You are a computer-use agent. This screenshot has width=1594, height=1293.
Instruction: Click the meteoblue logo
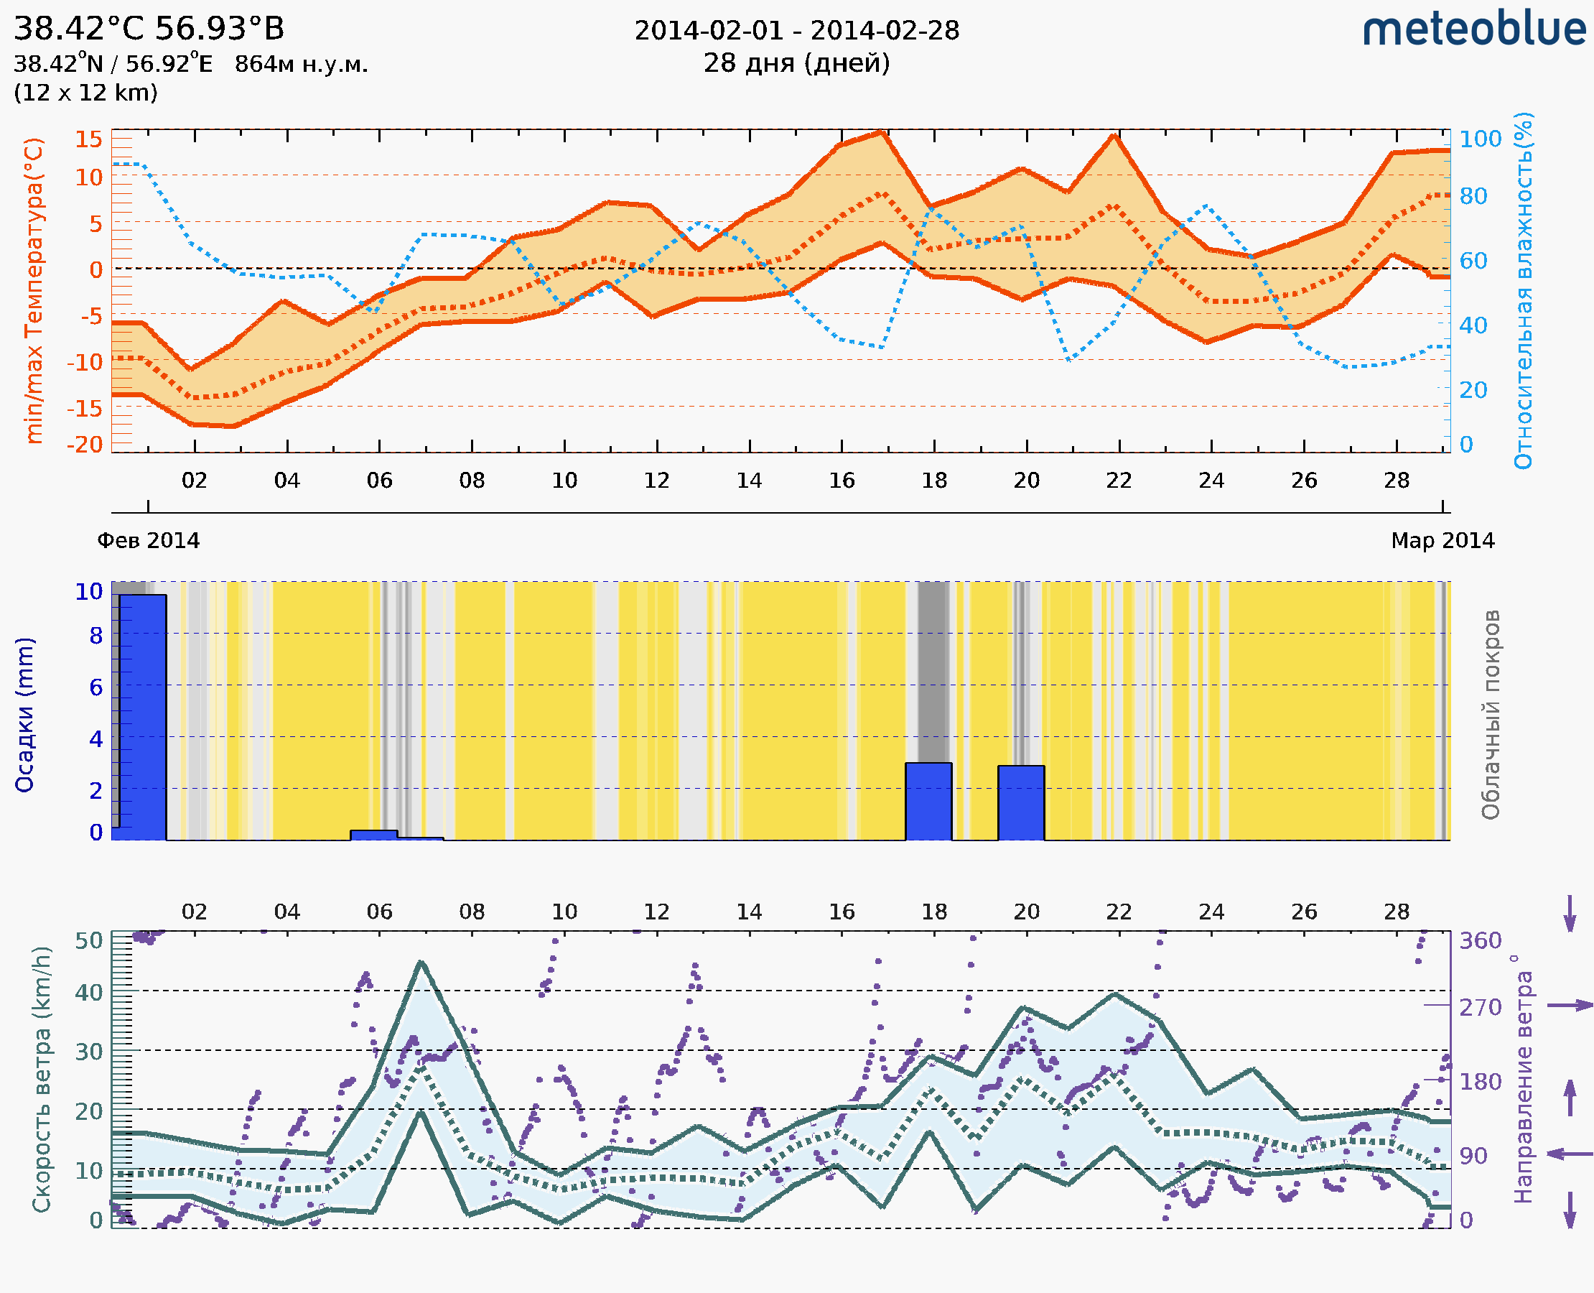click(x=1473, y=29)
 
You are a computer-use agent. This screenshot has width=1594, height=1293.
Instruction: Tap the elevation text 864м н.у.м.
click(x=301, y=64)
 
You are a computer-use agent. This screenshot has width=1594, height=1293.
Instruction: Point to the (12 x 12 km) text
click(x=85, y=93)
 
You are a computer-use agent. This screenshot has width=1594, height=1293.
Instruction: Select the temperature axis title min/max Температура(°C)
click(x=34, y=290)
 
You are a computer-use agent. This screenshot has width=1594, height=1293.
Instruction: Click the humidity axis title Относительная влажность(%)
click(x=1523, y=290)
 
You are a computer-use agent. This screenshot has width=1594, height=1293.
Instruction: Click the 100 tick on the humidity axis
click(x=1480, y=139)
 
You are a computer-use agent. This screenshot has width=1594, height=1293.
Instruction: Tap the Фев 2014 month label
click(x=148, y=541)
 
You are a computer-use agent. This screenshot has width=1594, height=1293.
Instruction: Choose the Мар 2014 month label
click(x=1442, y=541)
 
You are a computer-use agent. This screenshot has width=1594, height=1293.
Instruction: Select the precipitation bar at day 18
click(x=928, y=802)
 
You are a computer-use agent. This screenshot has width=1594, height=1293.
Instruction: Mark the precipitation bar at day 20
click(x=1021, y=803)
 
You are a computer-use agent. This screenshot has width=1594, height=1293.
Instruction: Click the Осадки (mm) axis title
click(x=24, y=715)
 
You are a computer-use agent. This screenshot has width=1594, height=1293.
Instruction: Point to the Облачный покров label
click(x=1491, y=715)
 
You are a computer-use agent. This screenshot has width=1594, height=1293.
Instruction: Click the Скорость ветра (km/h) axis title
click(x=42, y=1079)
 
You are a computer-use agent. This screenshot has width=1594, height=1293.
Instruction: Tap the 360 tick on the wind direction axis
click(x=1480, y=941)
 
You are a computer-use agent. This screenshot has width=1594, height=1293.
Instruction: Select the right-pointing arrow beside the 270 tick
click(x=1570, y=1006)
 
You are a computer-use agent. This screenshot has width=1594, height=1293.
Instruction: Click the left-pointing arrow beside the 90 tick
click(x=1570, y=1154)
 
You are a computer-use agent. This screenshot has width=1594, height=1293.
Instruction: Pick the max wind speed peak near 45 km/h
click(x=421, y=963)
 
